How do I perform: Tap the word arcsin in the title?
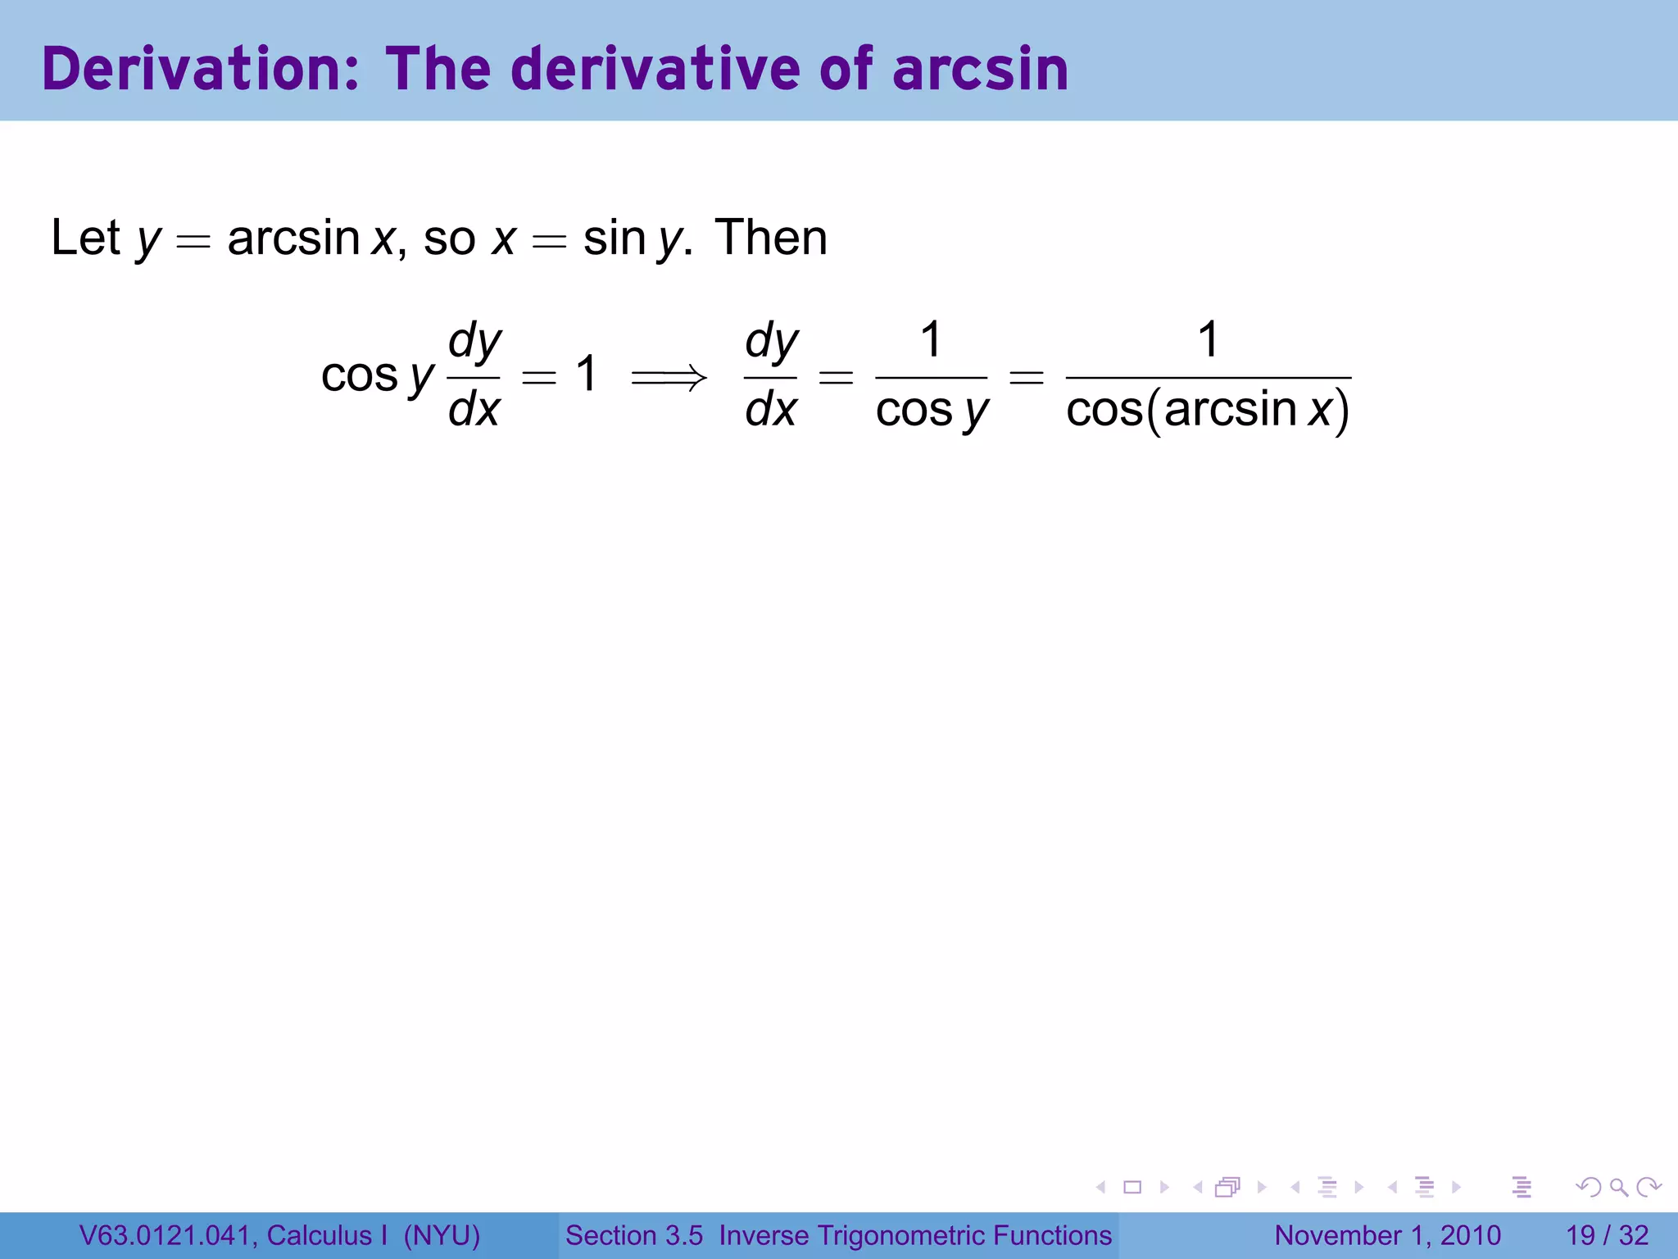coord(980,69)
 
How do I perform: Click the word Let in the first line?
coord(85,238)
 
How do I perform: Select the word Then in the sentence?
coord(770,238)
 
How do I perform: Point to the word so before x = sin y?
coord(449,239)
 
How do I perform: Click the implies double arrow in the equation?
coord(668,378)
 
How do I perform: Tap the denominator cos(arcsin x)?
coord(1208,410)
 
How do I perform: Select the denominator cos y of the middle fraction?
coord(932,410)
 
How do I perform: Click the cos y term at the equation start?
coord(377,376)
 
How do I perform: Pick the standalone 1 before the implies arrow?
coord(586,374)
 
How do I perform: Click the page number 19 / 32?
coord(1607,1235)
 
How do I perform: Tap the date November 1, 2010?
coord(1387,1235)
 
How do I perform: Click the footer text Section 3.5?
coord(633,1235)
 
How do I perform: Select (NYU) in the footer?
coord(442,1235)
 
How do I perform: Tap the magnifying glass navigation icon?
coord(1618,1187)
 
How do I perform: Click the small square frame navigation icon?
coord(1132,1187)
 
